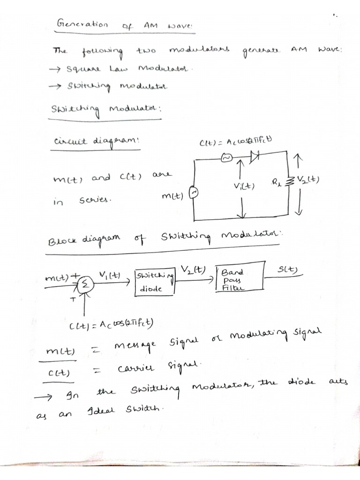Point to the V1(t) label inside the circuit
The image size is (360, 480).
pos(243,186)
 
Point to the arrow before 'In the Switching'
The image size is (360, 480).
pos(43,397)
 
